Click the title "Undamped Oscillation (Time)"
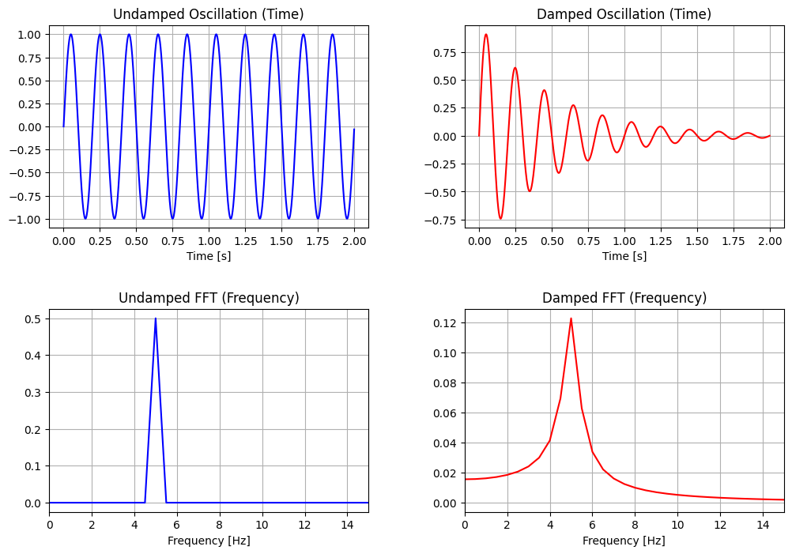(x=209, y=14)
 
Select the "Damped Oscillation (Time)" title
(x=624, y=14)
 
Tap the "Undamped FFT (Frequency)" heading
(x=209, y=298)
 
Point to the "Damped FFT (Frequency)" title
(x=624, y=298)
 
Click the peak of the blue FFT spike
(x=156, y=318)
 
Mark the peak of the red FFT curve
(x=571, y=318)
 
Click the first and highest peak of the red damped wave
(x=486, y=35)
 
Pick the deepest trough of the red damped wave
(x=500, y=218)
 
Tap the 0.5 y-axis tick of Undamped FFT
(x=33, y=318)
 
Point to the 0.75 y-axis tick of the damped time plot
(x=445, y=52)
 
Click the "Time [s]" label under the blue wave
(x=209, y=256)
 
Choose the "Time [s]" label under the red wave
(x=624, y=256)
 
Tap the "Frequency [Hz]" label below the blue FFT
(x=209, y=541)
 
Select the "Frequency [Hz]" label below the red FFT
(x=624, y=541)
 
